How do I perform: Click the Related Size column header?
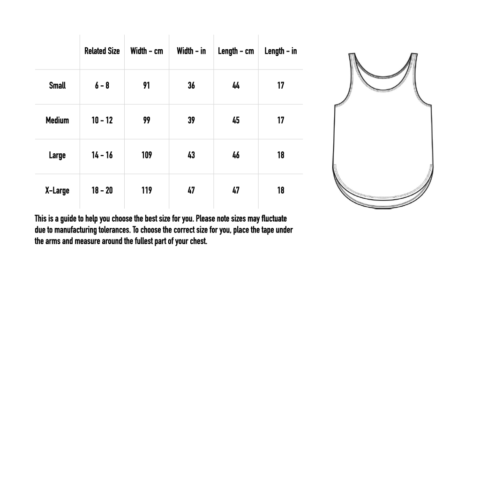(102, 51)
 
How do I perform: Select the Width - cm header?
(147, 51)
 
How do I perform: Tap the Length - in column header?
(280, 51)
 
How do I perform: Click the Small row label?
(57, 86)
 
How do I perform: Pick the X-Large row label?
(57, 190)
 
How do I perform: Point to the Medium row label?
(57, 120)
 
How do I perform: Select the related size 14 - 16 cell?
(102, 155)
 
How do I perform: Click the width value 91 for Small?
(147, 86)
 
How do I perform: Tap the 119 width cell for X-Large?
(147, 190)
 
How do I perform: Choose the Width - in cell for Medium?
(191, 120)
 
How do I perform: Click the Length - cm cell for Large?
(236, 155)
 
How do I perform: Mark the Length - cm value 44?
(236, 86)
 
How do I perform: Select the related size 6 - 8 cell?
(102, 86)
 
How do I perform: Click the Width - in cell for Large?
(191, 155)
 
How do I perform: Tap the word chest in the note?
(198, 242)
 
